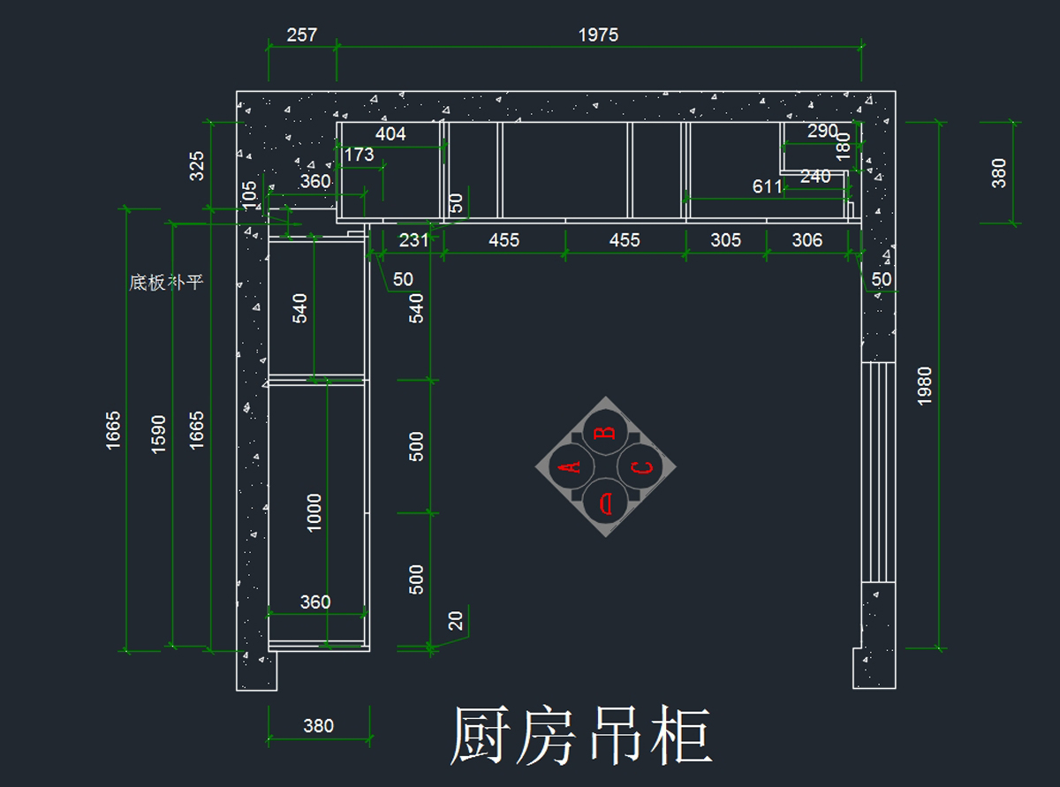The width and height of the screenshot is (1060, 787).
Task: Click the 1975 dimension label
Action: [598, 34]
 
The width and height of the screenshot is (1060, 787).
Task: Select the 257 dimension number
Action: [301, 34]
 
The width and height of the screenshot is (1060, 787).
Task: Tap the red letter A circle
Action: [572, 466]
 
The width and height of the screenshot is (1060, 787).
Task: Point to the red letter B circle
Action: [605, 432]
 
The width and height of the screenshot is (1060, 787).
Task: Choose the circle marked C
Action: [640, 466]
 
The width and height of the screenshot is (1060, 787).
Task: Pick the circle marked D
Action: [605, 501]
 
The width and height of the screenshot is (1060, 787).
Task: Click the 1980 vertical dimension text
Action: [925, 386]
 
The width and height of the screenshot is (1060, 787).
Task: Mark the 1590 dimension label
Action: [158, 435]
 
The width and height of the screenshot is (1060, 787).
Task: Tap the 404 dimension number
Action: [390, 133]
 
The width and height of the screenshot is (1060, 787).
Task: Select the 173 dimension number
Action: [359, 155]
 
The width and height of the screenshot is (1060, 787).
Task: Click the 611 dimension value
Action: [767, 187]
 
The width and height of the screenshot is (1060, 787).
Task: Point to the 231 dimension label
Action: [413, 240]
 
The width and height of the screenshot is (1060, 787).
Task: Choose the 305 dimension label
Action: [725, 240]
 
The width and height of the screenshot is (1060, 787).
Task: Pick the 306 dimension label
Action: [807, 240]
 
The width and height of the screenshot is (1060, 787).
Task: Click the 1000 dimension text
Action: [314, 512]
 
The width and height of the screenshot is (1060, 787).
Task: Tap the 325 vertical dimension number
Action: [196, 166]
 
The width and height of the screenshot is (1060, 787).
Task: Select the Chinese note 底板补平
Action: [166, 283]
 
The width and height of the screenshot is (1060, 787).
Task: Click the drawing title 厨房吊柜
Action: [581, 736]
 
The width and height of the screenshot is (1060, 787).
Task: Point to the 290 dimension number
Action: [822, 131]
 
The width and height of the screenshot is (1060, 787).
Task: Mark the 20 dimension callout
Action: [456, 621]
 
